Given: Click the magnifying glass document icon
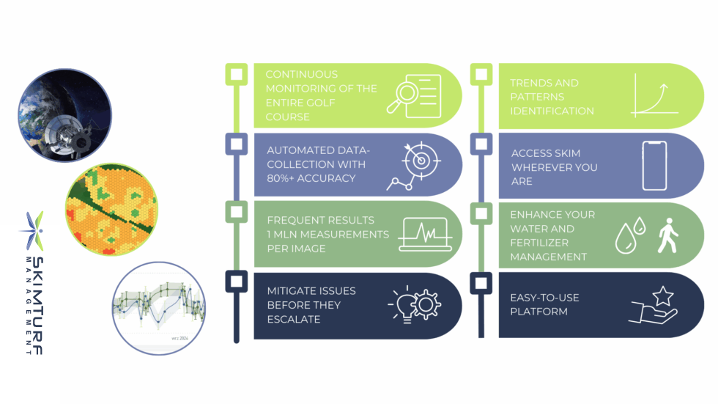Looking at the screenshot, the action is (414, 96).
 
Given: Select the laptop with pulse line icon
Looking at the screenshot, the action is (426, 234).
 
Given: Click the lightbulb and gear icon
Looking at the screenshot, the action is (415, 304).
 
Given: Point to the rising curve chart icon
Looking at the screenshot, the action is (654, 96).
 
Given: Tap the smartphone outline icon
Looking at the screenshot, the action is (654, 166).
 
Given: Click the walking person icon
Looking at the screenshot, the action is (667, 235).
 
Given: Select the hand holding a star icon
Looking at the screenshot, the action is (653, 305).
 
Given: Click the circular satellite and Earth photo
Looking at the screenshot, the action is (64, 115).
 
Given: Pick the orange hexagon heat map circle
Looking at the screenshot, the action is (111, 209).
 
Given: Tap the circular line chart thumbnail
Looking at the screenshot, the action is (159, 308).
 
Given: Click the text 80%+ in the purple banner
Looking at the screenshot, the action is (280, 178).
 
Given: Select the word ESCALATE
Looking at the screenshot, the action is (294, 319).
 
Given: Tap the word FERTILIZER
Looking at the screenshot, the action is (533, 243).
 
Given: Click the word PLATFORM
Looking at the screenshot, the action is (539, 312).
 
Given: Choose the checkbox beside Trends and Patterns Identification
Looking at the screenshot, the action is (481, 74).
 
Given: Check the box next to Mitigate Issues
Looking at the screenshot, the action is (236, 282).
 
